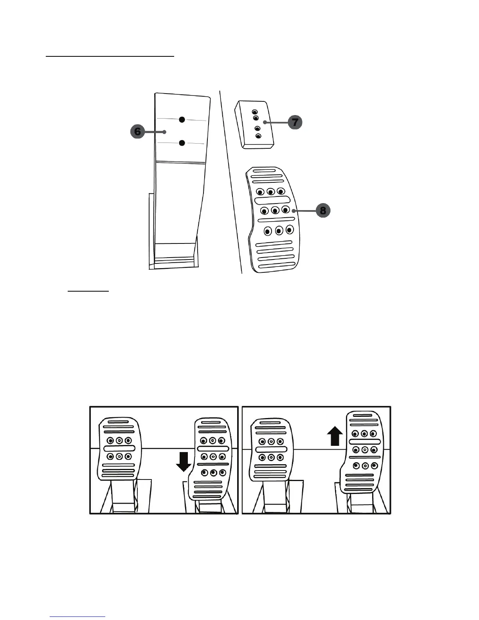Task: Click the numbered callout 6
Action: (137, 132)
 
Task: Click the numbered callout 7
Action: (295, 122)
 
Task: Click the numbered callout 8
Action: (323, 211)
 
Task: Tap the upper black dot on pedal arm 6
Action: (182, 119)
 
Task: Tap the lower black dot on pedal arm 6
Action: (182, 143)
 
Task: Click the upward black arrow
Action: (335, 436)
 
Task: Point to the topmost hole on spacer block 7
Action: (255, 112)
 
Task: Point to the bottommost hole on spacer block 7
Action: (258, 136)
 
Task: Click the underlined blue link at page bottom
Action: (78, 616)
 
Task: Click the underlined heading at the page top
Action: (110, 56)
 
